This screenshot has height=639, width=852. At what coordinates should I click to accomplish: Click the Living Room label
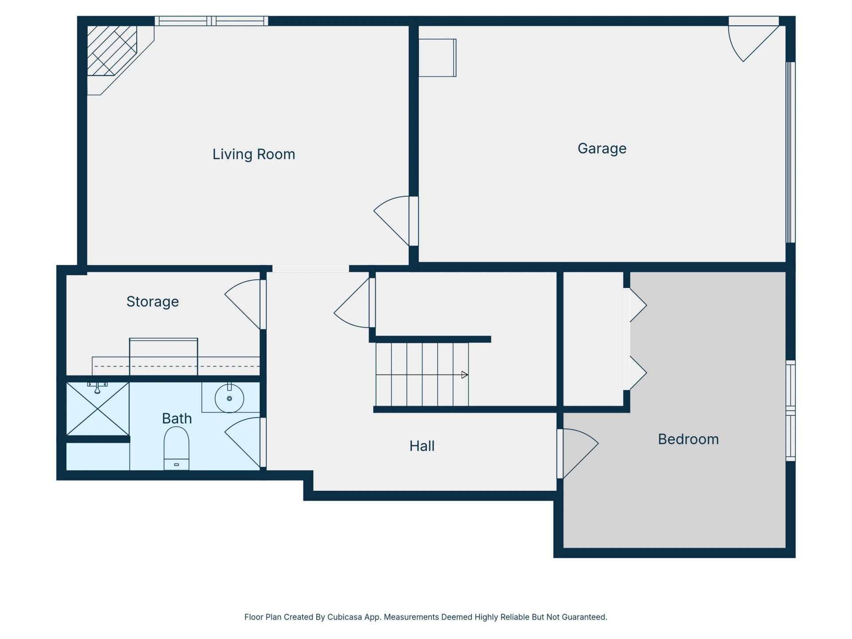(253, 154)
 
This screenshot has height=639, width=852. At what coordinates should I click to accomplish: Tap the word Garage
(602, 149)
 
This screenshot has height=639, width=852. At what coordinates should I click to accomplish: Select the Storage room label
(153, 302)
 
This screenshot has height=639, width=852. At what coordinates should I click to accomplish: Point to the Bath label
(177, 418)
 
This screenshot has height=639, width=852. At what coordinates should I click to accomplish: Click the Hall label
(422, 446)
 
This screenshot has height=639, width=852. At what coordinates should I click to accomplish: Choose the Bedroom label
(688, 439)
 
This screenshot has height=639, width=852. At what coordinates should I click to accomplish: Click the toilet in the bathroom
(177, 448)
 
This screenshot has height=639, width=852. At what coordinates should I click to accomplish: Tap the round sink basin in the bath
(229, 398)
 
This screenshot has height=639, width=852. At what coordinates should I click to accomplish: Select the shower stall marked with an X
(98, 409)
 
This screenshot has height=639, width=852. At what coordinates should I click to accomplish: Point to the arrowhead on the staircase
(465, 375)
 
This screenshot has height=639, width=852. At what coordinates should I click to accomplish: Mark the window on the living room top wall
(211, 21)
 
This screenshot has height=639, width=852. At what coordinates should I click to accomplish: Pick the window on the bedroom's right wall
(790, 410)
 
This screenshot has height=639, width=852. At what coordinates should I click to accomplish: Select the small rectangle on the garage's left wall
(438, 58)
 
